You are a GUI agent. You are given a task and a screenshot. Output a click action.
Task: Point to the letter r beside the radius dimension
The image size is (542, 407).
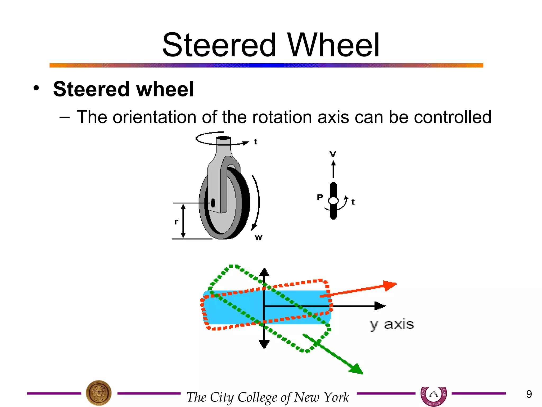pos(176,222)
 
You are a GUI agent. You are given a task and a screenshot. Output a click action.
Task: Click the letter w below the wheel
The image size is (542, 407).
pos(259,237)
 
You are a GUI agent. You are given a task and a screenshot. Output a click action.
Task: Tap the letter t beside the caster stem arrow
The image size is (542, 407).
pos(256,142)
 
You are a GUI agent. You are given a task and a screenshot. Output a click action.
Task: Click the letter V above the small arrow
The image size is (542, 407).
pos(333,154)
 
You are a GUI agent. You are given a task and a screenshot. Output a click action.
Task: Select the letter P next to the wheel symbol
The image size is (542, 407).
pos(320,197)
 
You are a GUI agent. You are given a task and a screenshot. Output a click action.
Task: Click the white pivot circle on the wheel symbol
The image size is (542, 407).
pos(333,201)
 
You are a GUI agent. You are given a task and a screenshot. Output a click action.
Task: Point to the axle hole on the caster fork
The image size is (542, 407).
pos(213,203)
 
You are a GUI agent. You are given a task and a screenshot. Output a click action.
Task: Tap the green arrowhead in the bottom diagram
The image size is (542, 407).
pos(356,369)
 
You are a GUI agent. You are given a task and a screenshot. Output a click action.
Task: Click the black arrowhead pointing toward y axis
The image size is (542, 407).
pos(380,306)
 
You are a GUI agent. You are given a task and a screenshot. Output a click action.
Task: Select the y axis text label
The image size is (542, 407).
pos(392,325)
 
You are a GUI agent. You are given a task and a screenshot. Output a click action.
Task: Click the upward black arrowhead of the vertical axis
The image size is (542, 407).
pos(264,272)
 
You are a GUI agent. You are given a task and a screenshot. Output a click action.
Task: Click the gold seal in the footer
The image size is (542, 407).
pos(99,393)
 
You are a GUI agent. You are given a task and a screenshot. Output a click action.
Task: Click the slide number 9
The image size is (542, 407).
pos(529,394)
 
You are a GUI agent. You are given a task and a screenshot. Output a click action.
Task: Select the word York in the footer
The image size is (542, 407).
pos(336,397)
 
